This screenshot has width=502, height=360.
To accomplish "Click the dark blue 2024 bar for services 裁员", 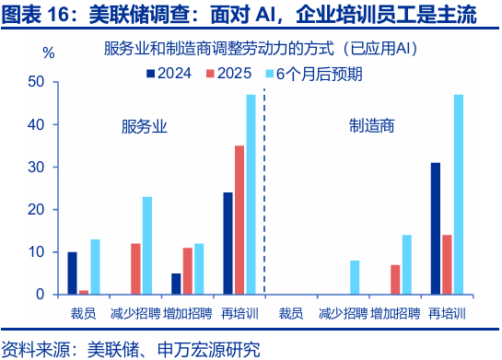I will coord(72,273).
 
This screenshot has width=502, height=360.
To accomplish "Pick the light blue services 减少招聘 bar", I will coord(147,246).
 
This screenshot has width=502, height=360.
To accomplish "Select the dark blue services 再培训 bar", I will coord(228,243).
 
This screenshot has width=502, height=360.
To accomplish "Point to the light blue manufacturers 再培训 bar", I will coord(458,194).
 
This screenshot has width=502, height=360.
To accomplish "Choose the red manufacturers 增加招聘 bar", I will coord(395,279).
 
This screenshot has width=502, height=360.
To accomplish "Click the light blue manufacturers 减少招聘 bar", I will coord(355,277).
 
